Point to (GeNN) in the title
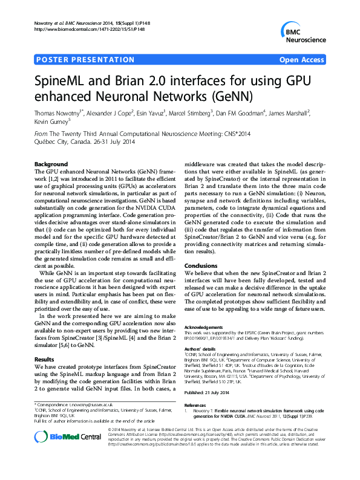231,96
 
